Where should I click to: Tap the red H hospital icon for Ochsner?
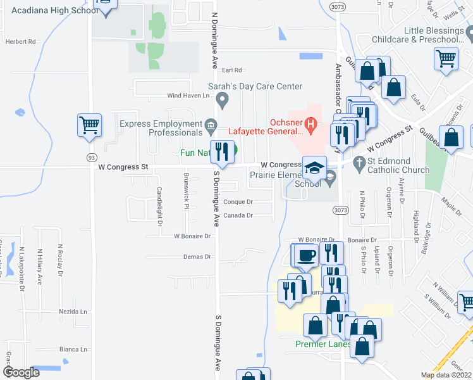[x=310, y=123]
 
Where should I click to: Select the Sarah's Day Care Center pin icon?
[x=222, y=99]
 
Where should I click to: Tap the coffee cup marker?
[x=307, y=255]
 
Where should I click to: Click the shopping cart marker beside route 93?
[x=89, y=124]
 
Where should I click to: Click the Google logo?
[x=21, y=372]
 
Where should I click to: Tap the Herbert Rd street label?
[x=21, y=41]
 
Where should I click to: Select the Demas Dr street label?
[x=197, y=256]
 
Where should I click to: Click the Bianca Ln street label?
[x=73, y=349]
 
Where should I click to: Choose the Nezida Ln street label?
[x=73, y=312]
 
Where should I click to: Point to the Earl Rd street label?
[x=233, y=70]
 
